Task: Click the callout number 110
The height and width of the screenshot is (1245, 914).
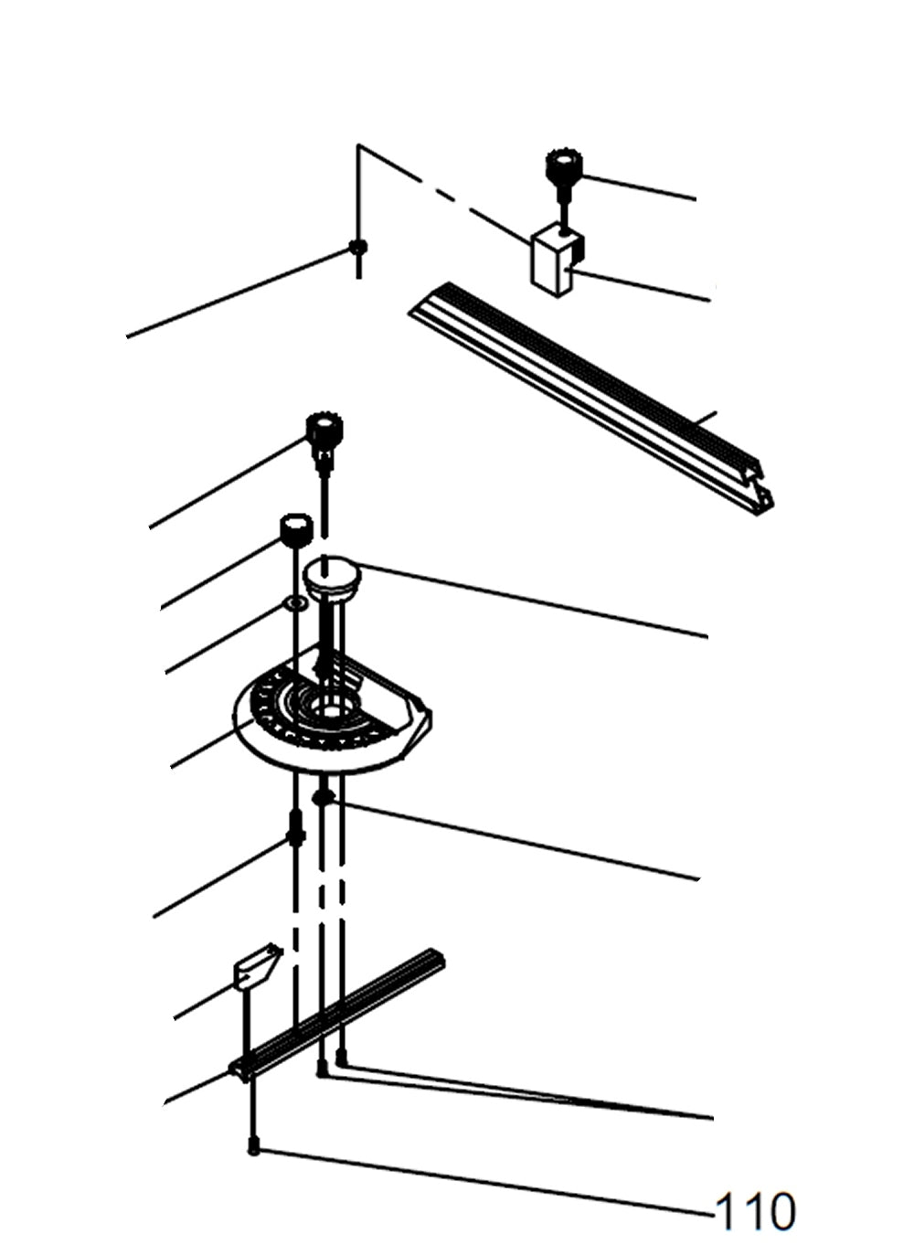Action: [755, 1212]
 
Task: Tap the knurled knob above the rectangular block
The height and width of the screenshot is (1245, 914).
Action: [561, 168]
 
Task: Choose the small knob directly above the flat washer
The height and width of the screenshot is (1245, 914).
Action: [295, 529]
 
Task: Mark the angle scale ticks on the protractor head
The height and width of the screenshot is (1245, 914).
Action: [274, 708]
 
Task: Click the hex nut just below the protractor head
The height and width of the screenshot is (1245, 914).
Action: [322, 798]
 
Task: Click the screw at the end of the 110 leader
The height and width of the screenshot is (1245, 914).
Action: [253, 1148]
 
